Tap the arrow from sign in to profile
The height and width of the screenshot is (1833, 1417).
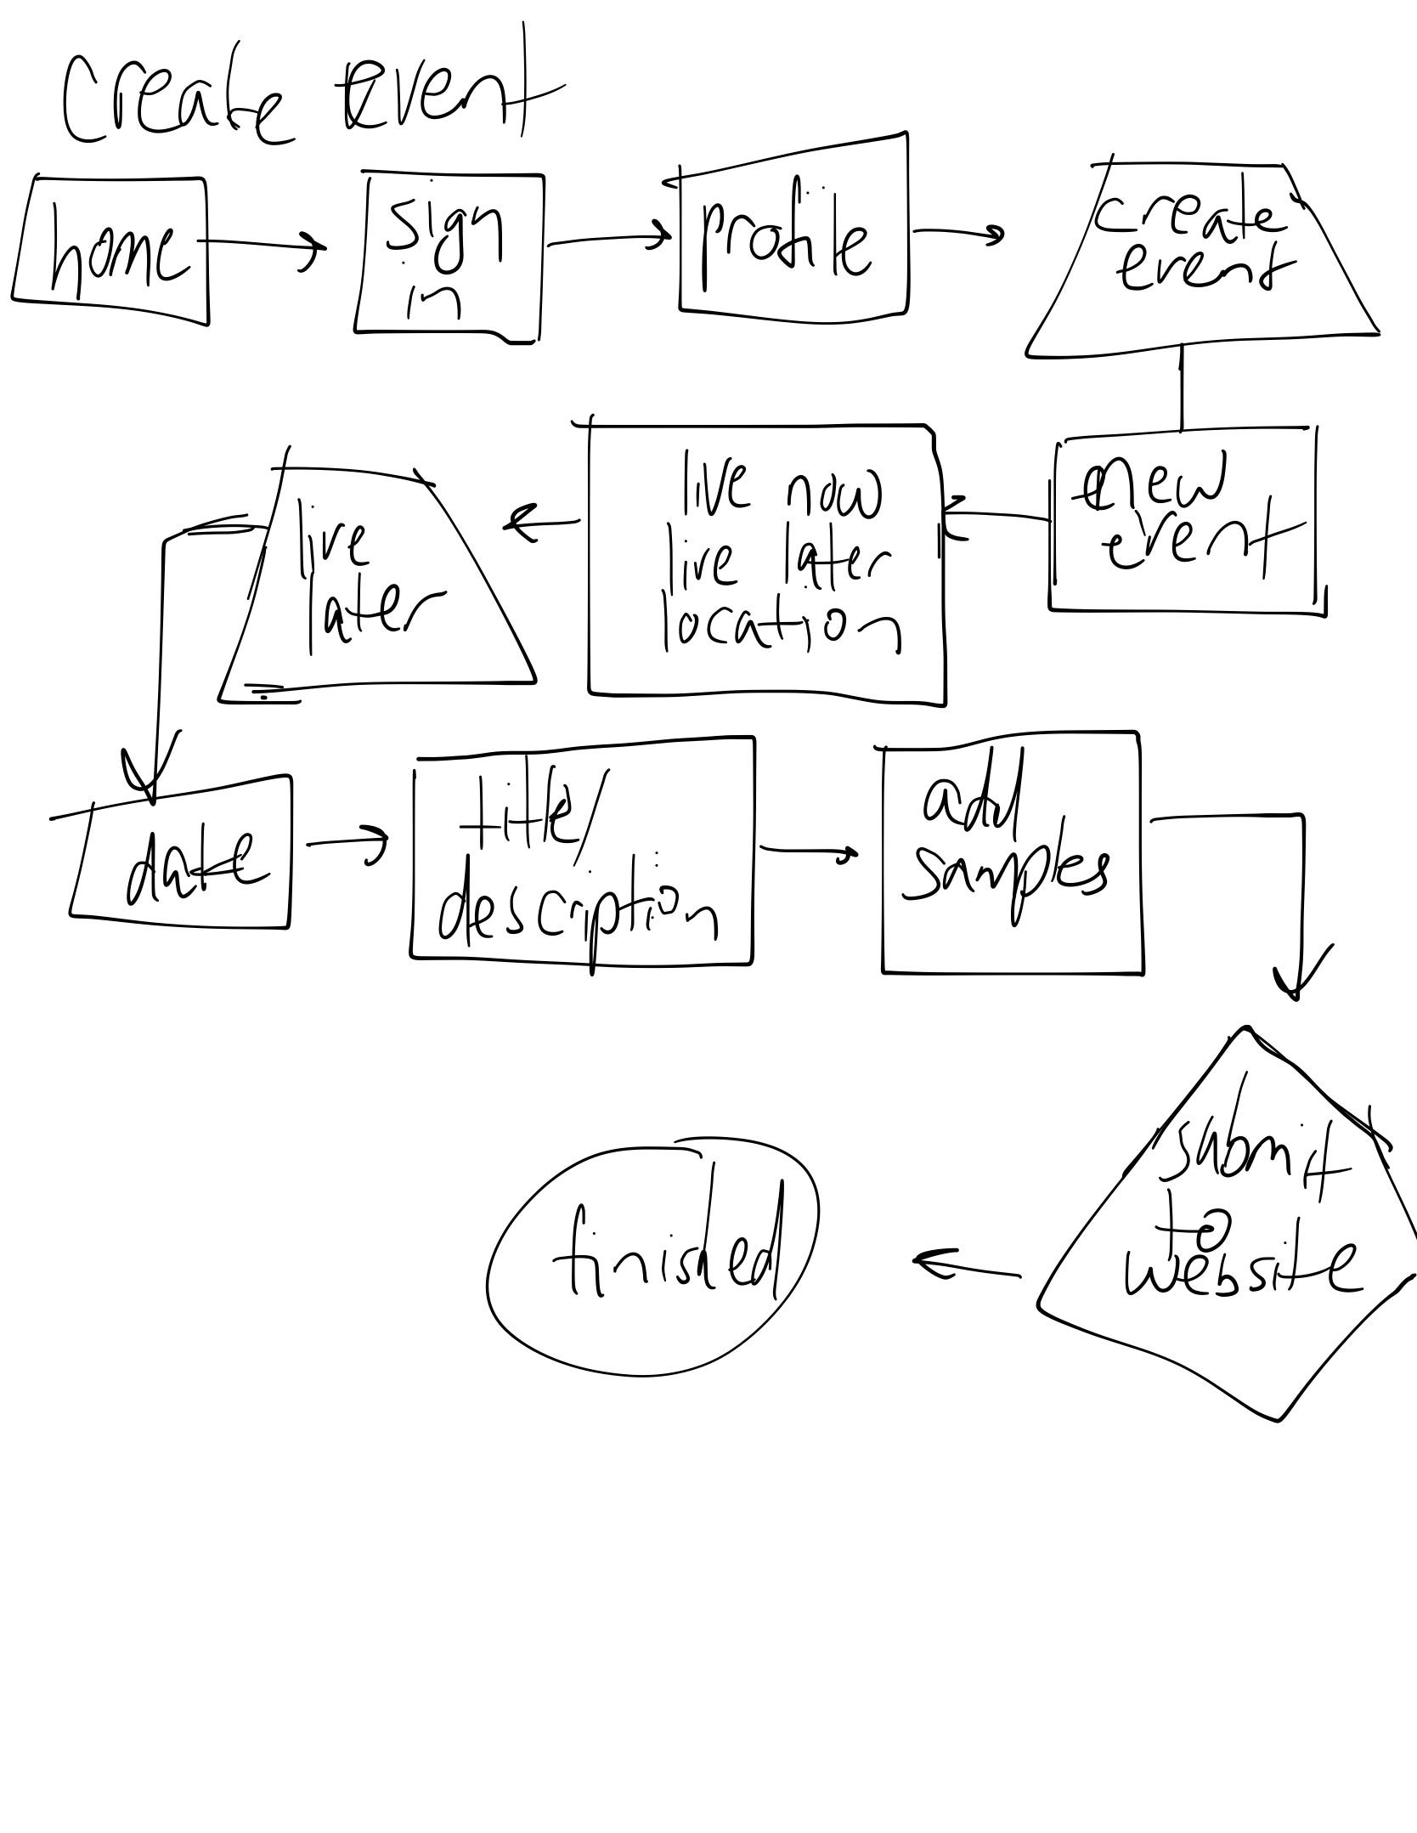[607, 239]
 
